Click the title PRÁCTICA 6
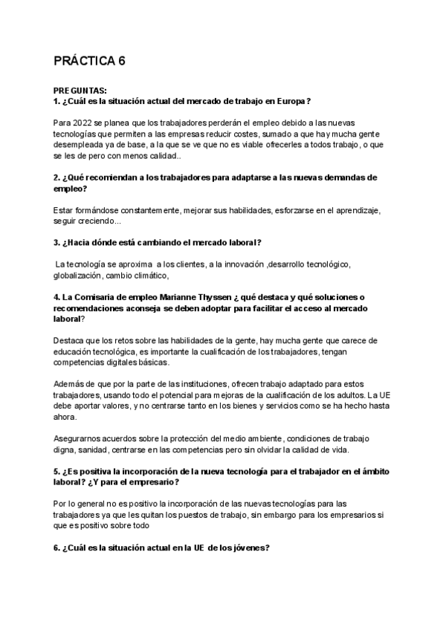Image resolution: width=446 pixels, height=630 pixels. pos(90,62)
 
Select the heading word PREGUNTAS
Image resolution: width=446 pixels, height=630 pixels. pos(80,91)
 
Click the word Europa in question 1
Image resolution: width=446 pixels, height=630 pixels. pos(290,101)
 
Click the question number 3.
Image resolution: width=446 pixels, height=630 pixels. pos(57,243)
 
